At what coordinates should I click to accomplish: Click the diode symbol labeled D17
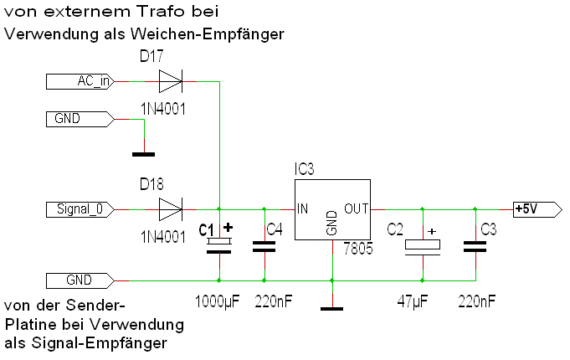point(170,81)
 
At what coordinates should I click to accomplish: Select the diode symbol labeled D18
point(170,208)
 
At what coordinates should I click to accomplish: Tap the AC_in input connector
point(80,81)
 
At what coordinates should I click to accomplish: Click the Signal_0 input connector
point(80,208)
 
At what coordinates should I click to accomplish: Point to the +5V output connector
point(532,208)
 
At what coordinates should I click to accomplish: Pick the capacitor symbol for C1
point(219,244)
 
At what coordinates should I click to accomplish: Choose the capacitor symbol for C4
point(264,245)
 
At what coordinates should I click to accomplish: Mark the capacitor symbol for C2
point(422,246)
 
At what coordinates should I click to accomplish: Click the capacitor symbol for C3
point(475,246)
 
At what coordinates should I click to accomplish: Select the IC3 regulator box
point(331,210)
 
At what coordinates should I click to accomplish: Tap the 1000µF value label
point(216,301)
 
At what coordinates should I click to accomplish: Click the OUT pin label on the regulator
point(357,208)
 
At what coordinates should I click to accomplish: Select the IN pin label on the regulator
point(303,208)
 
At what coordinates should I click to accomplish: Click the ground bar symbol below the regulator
point(332,309)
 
